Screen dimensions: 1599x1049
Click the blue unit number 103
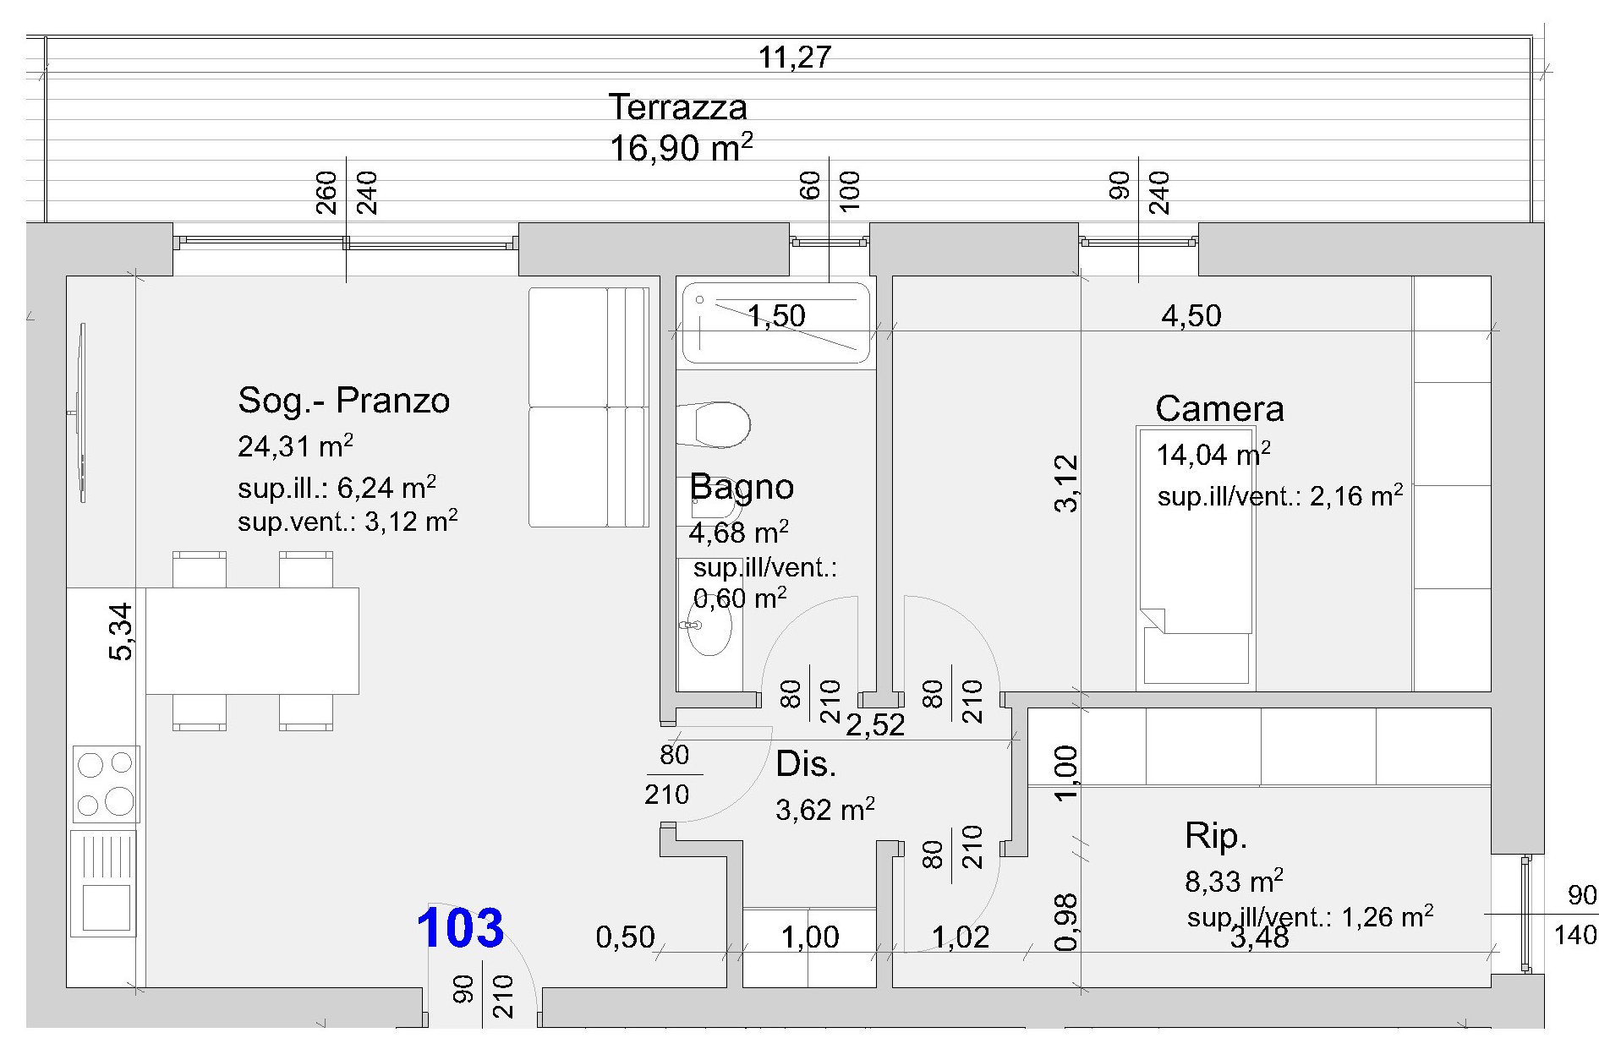click(x=460, y=927)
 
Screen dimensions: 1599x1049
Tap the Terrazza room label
click(x=677, y=107)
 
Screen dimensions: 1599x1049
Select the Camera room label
click(x=1219, y=409)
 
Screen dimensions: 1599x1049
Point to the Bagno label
click(x=742, y=487)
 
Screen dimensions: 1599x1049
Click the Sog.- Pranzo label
click(x=343, y=401)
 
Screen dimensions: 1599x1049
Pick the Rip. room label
click(x=1216, y=836)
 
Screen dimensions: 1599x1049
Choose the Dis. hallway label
click(x=806, y=764)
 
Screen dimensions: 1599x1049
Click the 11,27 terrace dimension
click(x=795, y=57)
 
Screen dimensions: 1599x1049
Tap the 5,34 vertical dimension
click(x=120, y=631)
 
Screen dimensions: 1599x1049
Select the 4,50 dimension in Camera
click(x=1191, y=316)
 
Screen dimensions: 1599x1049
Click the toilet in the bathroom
click(x=714, y=424)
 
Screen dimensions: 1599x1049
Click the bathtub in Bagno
click(x=775, y=323)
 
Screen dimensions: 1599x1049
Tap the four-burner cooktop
click(x=105, y=783)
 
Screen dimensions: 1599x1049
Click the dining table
click(x=252, y=641)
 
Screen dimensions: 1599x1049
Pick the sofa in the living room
click(x=589, y=407)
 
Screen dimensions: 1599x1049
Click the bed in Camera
click(x=1195, y=556)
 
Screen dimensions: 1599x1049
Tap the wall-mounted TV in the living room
click(x=80, y=412)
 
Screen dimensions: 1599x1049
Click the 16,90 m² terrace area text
click(x=681, y=148)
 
